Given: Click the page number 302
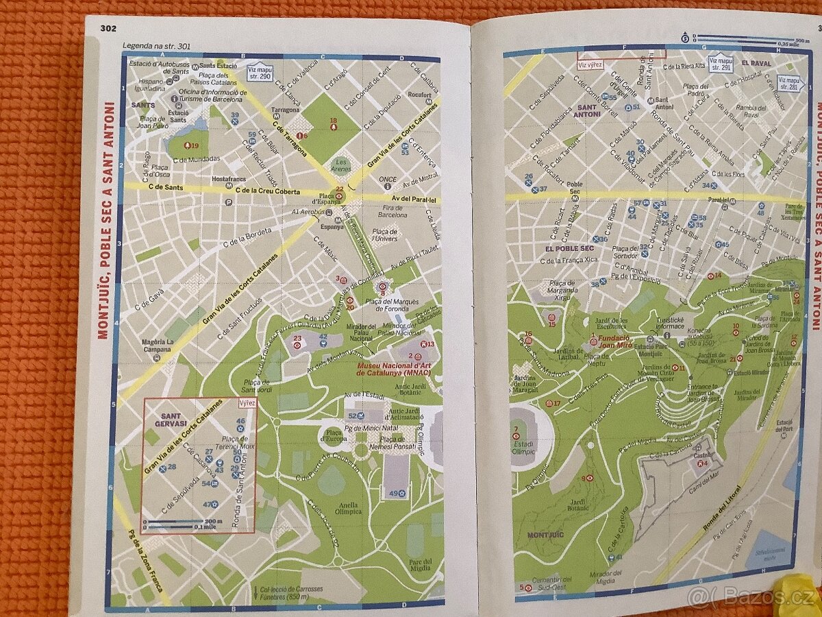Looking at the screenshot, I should (108, 28).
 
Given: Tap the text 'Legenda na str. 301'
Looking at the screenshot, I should (157, 47).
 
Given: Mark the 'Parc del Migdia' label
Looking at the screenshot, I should (420, 565).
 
